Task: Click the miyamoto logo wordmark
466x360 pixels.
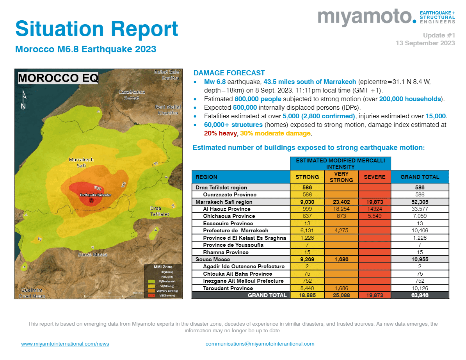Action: (x=366, y=17)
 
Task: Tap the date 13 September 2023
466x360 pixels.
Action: (x=425, y=43)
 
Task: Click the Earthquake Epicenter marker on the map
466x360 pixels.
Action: (x=91, y=200)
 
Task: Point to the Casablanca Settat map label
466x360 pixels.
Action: (x=132, y=95)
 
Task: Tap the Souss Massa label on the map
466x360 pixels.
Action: (x=93, y=255)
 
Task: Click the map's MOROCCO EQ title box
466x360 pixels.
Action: (x=58, y=78)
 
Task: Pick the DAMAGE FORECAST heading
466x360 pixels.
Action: (x=229, y=73)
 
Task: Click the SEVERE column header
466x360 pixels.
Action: (x=374, y=177)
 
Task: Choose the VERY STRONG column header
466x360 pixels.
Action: (x=341, y=177)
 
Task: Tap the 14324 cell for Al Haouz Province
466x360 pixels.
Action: (x=374, y=209)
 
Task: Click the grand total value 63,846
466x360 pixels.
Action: (x=420, y=295)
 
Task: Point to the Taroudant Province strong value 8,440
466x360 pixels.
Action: (x=307, y=288)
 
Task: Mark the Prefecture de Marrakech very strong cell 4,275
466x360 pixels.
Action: (x=341, y=230)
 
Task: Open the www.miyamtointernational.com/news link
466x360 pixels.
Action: (x=65, y=344)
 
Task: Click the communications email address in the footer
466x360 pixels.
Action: (x=260, y=344)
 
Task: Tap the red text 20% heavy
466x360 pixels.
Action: (x=221, y=134)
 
